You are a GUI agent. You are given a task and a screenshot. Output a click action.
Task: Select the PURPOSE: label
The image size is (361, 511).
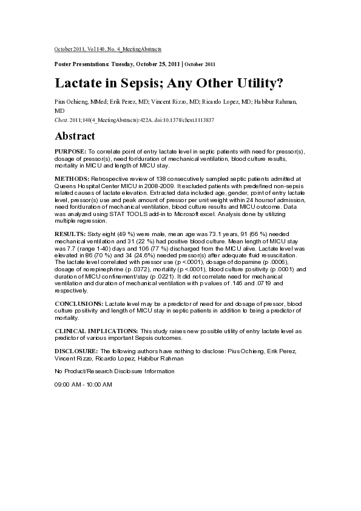point(70,150)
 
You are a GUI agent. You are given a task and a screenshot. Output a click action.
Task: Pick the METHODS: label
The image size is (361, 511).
point(72,178)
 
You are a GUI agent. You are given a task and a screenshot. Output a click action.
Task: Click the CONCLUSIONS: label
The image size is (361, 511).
point(79,302)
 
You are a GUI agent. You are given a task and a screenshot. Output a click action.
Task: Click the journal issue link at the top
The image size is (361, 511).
point(108,48)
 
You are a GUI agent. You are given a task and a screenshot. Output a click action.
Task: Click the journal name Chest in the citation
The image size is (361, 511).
point(61,120)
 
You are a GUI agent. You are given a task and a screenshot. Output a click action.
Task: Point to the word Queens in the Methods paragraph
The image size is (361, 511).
point(64,185)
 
